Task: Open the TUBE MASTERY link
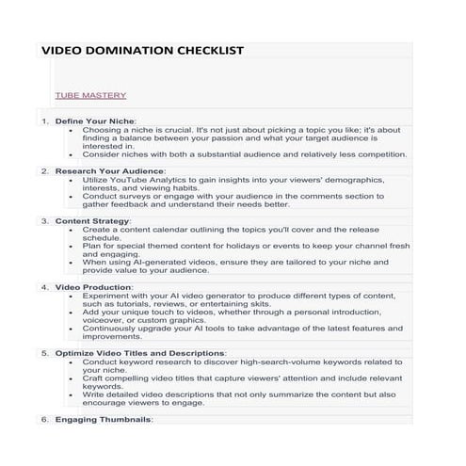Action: [x=90, y=95]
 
